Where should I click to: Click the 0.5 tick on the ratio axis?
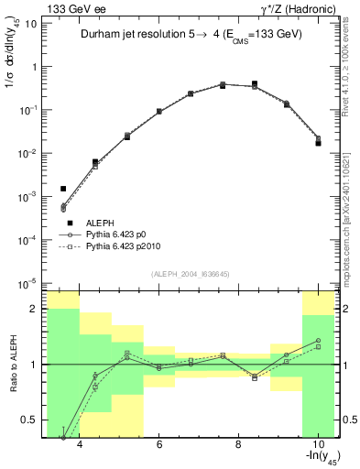[x=31, y=420]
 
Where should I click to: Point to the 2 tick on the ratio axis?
[x=35, y=309]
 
